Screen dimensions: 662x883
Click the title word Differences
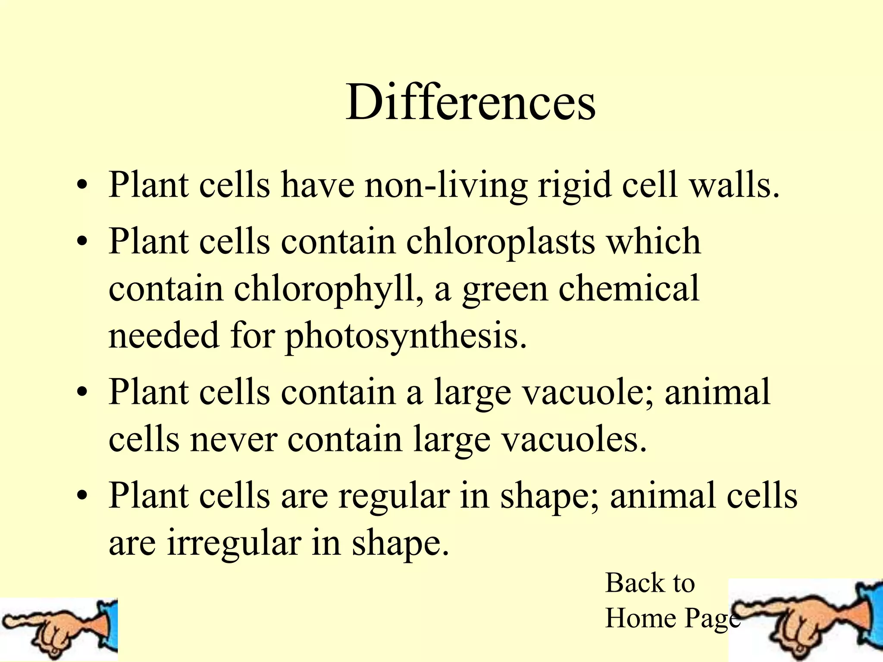(470, 103)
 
